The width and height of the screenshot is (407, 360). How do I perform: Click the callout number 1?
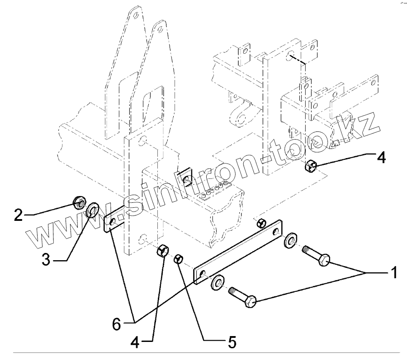(394, 273)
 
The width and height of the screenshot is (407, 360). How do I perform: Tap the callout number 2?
(18, 215)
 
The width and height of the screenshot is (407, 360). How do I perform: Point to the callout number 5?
(232, 342)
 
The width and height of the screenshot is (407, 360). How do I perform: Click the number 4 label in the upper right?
(381, 158)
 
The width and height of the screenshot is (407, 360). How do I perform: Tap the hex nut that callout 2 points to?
(78, 203)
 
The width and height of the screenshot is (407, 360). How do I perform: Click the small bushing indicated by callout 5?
(179, 259)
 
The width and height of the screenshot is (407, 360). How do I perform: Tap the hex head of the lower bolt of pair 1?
(250, 301)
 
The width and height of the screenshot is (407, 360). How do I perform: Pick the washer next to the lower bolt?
(217, 282)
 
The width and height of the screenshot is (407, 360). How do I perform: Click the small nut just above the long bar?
(260, 223)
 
